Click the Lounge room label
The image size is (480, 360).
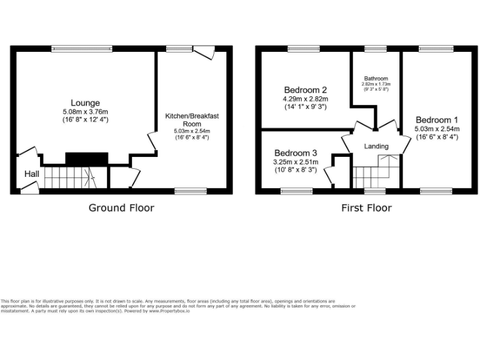pyautogui.click(x=85, y=102)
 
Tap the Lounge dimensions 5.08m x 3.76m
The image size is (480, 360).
pyautogui.click(x=85, y=111)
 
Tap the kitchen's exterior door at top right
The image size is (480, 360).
pyautogui.click(x=204, y=54)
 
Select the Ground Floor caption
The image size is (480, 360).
pyautogui.click(x=121, y=207)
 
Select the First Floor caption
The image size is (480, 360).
pyautogui.click(x=366, y=207)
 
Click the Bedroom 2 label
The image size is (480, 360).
pyautogui.click(x=306, y=90)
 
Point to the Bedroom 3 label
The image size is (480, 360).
pyautogui.click(x=296, y=153)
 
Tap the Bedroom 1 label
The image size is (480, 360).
pyautogui.click(x=437, y=120)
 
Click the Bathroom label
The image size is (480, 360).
pyautogui.click(x=376, y=78)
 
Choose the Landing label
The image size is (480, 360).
pyautogui.click(x=376, y=146)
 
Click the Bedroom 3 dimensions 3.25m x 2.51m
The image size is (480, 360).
pyautogui.click(x=296, y=162)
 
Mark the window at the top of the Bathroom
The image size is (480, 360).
pyautogui.click(x=376, y=47)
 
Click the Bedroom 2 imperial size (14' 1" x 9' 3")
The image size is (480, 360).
pyautogui.click(x=306, y=107)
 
